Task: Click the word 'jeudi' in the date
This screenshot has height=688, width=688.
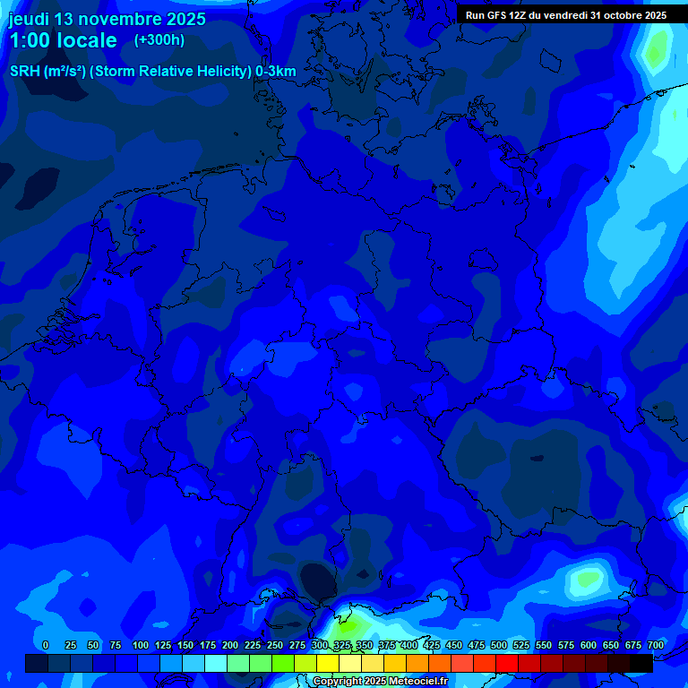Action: click(x=29, y=19)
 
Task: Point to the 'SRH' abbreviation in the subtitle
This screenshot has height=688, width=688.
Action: click(x=24, y=71)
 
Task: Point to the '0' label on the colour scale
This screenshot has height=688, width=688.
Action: click(x=46, y=645)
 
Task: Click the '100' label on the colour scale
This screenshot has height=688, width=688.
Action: click(x=141, y=645)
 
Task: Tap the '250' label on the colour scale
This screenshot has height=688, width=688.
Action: click(x=275, y=645)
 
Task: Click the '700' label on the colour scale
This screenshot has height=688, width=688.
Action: click(x=656, y=645)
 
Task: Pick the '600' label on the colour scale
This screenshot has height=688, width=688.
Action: click(x=589, y=645)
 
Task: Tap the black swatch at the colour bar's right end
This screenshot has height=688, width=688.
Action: click(x=641, y=663)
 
